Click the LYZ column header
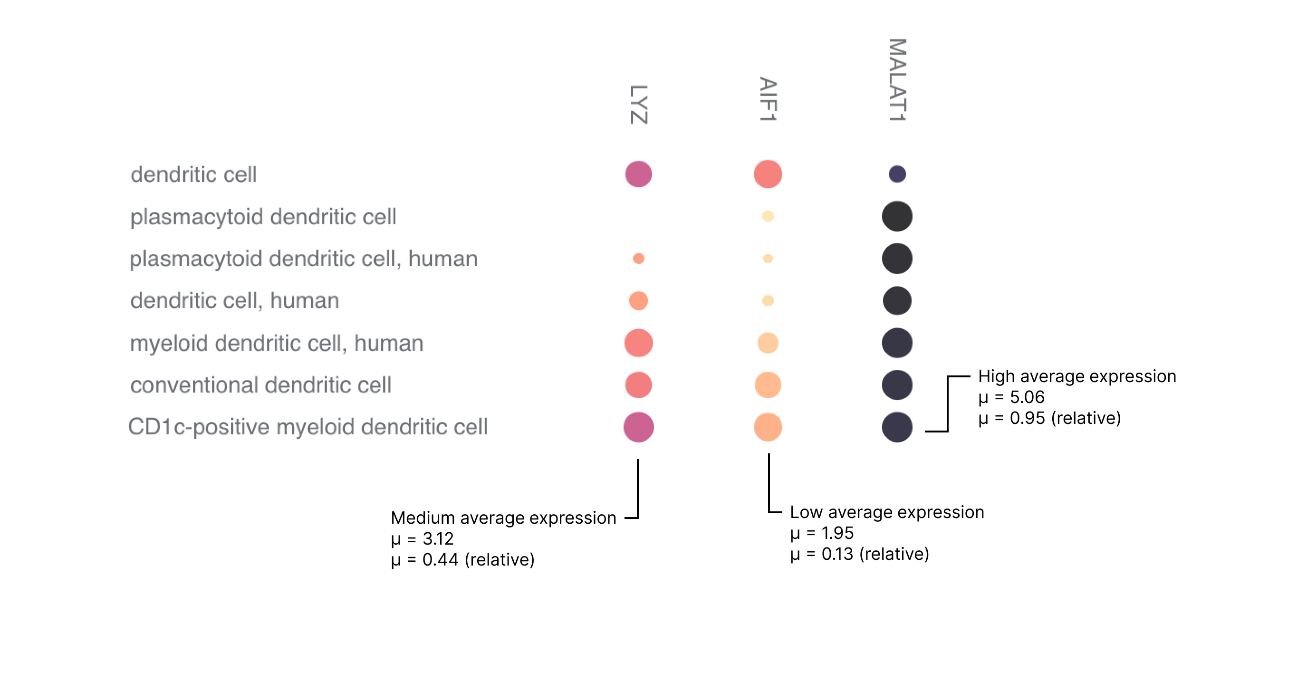point(638,105)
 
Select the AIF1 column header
point(768,99)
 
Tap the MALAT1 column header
point(896,80)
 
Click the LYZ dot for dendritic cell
point(638,174)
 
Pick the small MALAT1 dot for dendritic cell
point(896,174)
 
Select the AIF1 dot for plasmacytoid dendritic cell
point(768,217)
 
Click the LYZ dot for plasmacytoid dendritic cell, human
point(638,259)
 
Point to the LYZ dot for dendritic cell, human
point(638,300)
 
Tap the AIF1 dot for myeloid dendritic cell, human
point(768,343)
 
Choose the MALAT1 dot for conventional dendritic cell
point(896,385)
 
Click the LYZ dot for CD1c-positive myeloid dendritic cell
point(638,427)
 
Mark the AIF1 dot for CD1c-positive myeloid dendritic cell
point(768,427)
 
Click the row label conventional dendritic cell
point(260,385)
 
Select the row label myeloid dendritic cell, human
point(277,343)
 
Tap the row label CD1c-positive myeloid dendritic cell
point(308,427)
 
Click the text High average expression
point(1076,376)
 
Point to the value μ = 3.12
point(422,539)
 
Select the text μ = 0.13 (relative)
point(859,554)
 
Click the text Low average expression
point(886,512)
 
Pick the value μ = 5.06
point(1011,397)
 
